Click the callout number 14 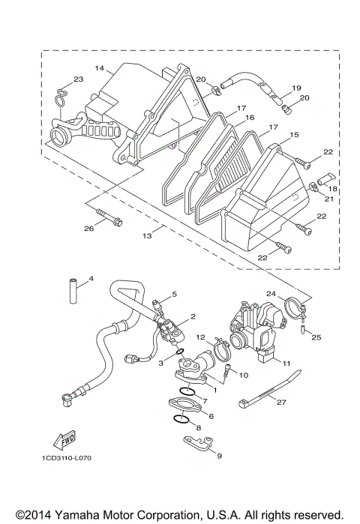point(99,68)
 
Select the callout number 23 point(77,79)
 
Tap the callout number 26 point(88,229)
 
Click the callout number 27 point(281,402)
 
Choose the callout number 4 point(91,280)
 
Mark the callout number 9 point(219,456)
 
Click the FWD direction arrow point(67,440)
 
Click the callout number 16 point(250,118)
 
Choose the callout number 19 point(296,87)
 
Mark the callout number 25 point(316,337)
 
